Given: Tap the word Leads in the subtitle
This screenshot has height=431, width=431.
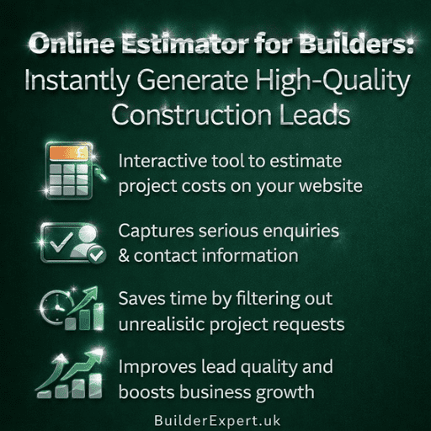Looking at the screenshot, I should tap(313, 116).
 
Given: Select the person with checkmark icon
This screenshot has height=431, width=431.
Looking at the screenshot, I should tap(74, 242).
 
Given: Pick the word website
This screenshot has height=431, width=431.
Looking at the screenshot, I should tap(329, 184).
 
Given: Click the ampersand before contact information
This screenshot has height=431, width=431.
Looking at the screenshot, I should tap(125, 254).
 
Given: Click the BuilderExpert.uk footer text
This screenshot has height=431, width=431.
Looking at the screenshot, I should tap(215, 418).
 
